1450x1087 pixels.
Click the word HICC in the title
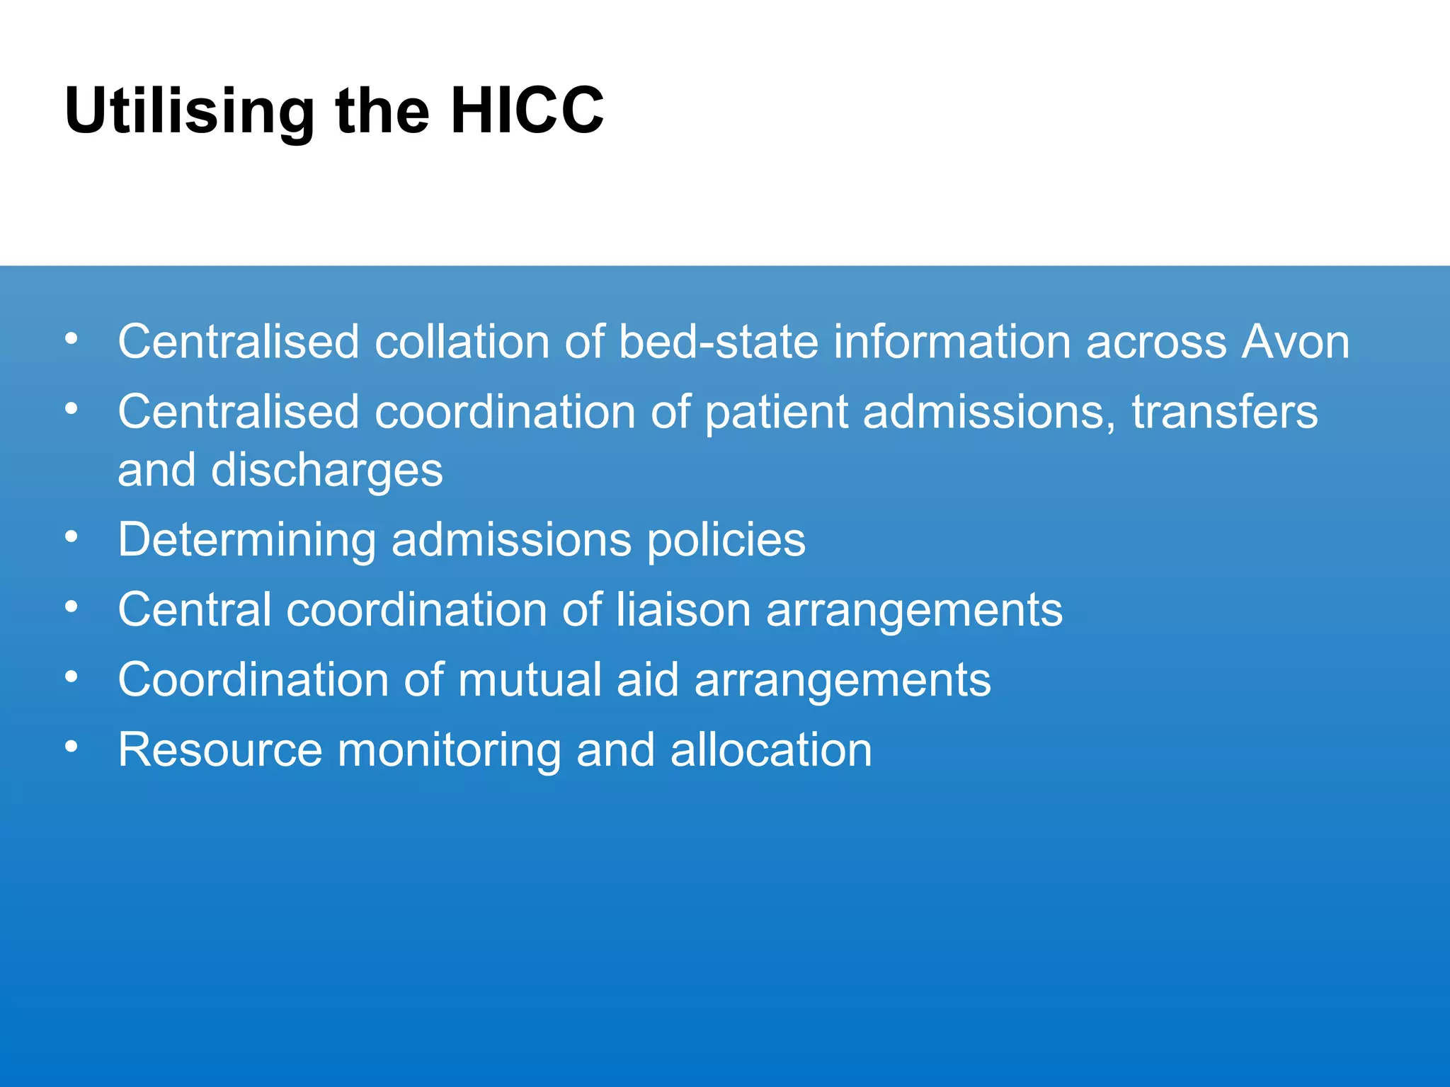[x=527, y=110]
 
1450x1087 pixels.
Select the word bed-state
[x=718, y=342]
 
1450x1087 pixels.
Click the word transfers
[x=1225, y=412]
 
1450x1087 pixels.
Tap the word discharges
[x=327, y=471]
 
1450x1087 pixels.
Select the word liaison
[x=683, y=610]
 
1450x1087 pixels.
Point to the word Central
[x=195, y=610]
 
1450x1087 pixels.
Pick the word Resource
[x=220, y=750]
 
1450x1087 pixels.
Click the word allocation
[x=771, y=750]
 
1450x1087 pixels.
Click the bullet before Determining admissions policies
[x=71, y=537]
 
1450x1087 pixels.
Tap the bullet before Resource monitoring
[x=71, y=747]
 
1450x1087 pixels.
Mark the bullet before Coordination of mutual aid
[x=71, y=677]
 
